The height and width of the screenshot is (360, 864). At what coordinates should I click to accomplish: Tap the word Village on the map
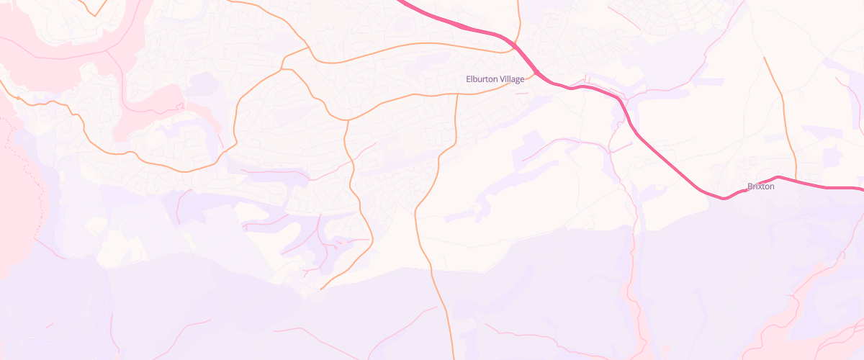tap(512, 79)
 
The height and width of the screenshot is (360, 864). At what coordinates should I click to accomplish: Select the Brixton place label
tap(760, 186)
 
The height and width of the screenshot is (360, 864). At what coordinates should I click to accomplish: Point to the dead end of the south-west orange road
tap(320, 289)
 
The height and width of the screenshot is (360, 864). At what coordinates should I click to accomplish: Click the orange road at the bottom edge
tap(453, 356)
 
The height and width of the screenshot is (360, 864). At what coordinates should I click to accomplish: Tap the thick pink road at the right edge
tap(860, 188)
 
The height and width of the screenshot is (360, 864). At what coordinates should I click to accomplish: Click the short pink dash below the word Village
tap(522, 94)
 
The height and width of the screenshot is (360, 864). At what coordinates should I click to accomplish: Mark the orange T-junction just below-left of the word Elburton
tap(457, 94)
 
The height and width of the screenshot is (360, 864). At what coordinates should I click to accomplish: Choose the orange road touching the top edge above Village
tap(519, 3)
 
